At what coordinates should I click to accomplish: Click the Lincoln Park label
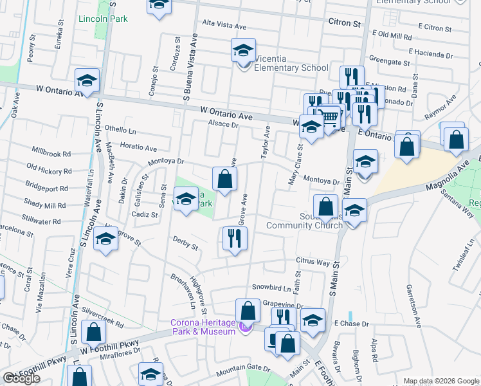[x=103, y=19]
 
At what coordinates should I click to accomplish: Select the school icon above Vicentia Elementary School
[x=243, y=50]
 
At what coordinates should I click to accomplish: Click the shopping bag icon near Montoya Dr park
[x=224, y=179]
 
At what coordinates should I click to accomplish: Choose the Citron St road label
[x=344, y=23]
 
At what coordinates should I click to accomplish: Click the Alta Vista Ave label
[x=224, y=26]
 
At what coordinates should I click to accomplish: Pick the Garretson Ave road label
[x=410, y=303]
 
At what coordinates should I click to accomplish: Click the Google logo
[x=22, y=378]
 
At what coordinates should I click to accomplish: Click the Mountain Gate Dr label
[x=243, y=367]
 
